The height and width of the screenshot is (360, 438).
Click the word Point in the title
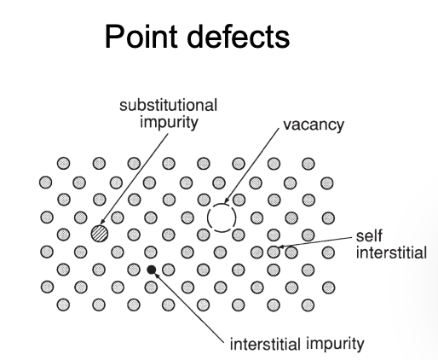coord(141,37)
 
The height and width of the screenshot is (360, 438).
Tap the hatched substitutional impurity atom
coord(100,234)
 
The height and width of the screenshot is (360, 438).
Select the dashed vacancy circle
coord(222,204)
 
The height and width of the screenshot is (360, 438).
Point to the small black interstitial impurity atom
coord(152,270)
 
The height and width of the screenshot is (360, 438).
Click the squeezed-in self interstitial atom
coord(274,252)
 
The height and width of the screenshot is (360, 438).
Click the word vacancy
coord(314,125)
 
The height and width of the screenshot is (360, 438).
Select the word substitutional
coord(168,105)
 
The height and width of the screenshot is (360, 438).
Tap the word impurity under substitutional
coord(169,123)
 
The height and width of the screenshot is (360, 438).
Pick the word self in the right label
coord(369,236)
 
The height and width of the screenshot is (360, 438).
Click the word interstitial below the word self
coord(391,253)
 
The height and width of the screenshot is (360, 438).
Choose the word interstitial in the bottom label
coord(265,344)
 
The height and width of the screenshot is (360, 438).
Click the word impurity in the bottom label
coord(335,345)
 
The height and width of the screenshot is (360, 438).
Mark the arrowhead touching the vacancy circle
coord(226,200)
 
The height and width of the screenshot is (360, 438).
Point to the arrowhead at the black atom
coord(157,275)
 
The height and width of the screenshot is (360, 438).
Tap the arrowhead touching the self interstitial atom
coord(281,247)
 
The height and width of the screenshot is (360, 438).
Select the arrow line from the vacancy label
coord(251,165)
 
